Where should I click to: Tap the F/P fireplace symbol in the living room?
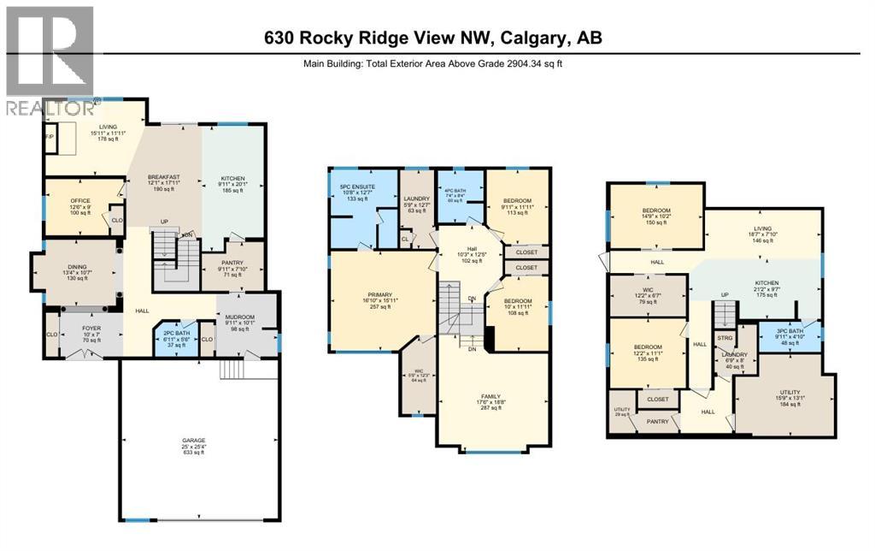(x=50, y=137)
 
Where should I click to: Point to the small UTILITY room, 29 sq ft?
(x=621, y=412)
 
